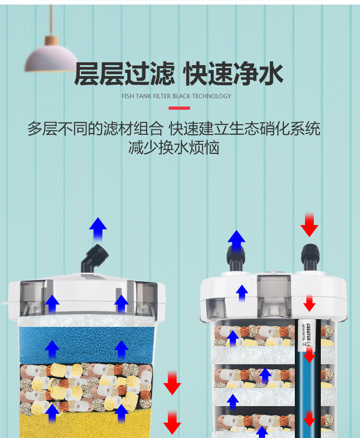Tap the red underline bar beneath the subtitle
coord(179,108)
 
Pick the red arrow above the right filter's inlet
coord(309,224)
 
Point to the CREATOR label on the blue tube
coord(309,337)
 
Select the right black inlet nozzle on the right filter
coord(310,257)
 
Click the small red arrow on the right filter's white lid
coord(309,302)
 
